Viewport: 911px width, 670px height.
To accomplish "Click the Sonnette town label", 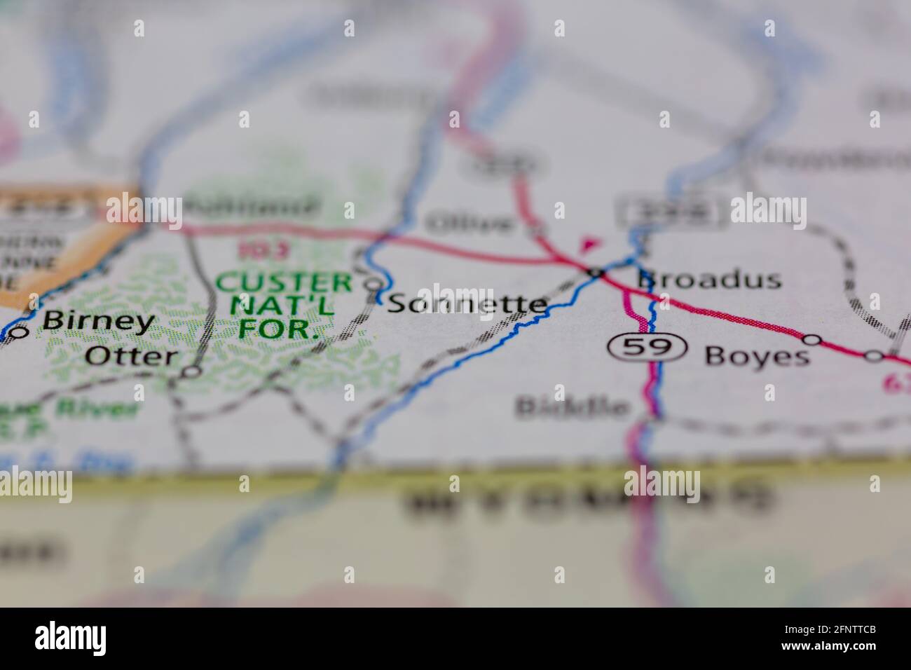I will [x=467, y=303].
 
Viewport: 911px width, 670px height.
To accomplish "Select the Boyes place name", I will [x=757, y=356].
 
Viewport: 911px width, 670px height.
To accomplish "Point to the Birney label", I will [x=98, y=321].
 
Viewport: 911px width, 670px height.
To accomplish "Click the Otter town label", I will [x=131, y=356].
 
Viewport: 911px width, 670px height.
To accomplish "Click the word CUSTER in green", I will [x=284, y=283].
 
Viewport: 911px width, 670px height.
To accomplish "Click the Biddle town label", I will [x=572, y=406].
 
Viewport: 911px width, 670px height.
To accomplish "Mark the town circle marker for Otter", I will [x=191, y=371].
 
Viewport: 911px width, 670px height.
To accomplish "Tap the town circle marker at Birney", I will [x=19, y=332].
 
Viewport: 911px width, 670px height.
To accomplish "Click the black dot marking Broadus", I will [x=596, y=271].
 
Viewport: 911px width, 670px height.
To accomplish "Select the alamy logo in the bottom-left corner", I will [x=71, y=638].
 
